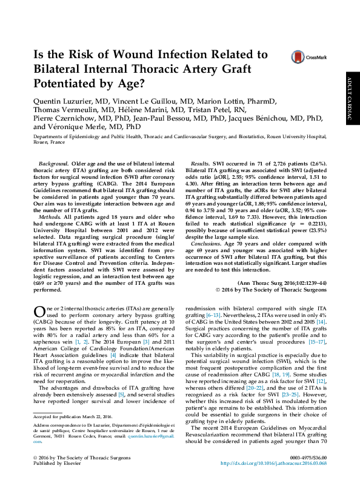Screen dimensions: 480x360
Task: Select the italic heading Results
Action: pos(201,164)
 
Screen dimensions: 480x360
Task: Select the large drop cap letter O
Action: pos(39,313)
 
